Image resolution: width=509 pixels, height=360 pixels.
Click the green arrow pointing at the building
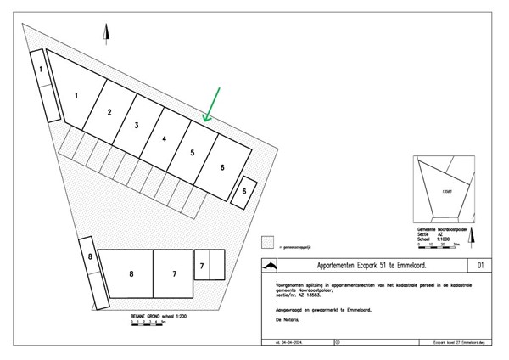(x=212, y=104)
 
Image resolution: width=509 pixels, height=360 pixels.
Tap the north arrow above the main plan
(x=106, y=35)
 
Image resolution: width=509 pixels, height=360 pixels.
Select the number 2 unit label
(x=109, y=111)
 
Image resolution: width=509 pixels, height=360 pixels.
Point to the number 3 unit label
(x=137, y=125)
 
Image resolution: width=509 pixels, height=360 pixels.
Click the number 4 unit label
(x=164, y=138)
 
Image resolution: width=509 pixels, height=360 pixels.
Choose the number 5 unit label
(x=193, y=153)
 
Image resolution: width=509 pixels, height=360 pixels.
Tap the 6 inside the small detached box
(x=244, y=192)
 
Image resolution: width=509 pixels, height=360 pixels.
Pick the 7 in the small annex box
(x=202, y=266)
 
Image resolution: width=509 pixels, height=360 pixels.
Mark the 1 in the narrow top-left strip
(x=40, y=68)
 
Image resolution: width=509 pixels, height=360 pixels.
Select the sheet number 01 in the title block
(x=481, y=266)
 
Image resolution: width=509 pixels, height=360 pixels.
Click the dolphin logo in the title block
(x=270, y=266)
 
